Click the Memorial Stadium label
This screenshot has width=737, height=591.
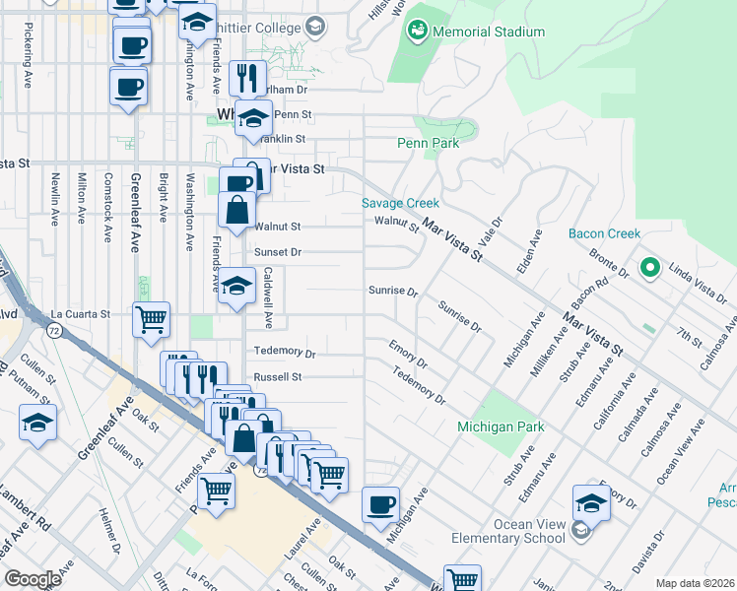point(488,32)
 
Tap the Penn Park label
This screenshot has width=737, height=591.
point(429,143)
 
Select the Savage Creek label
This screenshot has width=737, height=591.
point(400,203)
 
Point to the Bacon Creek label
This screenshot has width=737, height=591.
point(605,233)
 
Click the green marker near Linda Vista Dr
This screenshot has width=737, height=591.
point(649,267)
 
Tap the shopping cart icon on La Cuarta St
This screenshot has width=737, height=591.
point(151,319)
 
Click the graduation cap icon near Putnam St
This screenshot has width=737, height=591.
point(37,423)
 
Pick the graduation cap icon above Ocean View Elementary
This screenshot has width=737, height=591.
point(591,501)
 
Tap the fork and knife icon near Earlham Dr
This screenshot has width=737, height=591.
point(247,78)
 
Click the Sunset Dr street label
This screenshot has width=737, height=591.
point(278,253)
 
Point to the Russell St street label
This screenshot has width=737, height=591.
point(277,377)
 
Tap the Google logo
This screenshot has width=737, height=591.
point(33,579)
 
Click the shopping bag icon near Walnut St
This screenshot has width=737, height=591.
point(237,211)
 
